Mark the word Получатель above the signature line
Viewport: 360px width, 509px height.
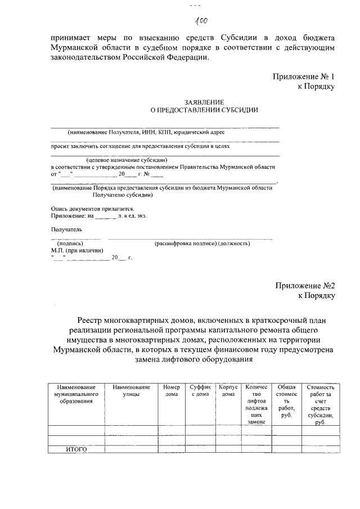click(x=67, y=229)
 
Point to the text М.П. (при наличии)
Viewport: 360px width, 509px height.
click(x=77, y=250)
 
